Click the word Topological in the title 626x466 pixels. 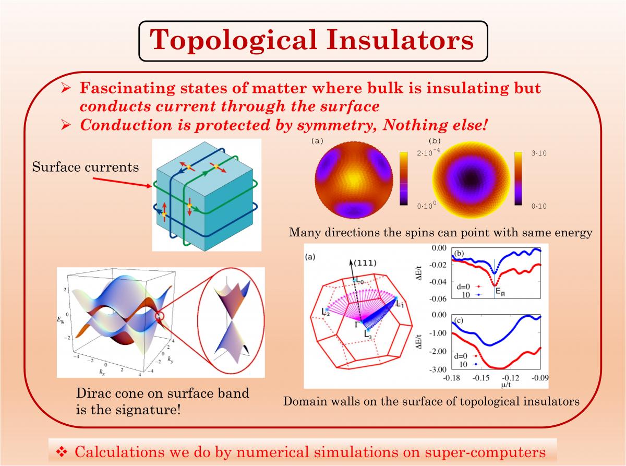tap(233, 41)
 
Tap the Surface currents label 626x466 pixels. tap(85, 166)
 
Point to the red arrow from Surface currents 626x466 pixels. tap(122, 182)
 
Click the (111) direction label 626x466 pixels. tap(365, 263)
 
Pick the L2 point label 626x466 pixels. tap(326, 312)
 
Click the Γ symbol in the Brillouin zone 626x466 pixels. tap(357, 325)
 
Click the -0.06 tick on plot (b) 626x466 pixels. tap(439, 298)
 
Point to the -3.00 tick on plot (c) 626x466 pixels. tap(439, 369)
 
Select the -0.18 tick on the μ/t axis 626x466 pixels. tap(452, 378)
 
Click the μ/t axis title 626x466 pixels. tap(506, 385)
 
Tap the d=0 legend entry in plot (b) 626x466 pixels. tap(467, 286)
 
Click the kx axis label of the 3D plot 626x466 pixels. tap(102, 372)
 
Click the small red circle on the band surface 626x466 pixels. tap(160, 316)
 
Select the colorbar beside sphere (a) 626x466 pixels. tap(404, 178)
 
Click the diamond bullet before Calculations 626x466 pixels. tap(62, 451)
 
